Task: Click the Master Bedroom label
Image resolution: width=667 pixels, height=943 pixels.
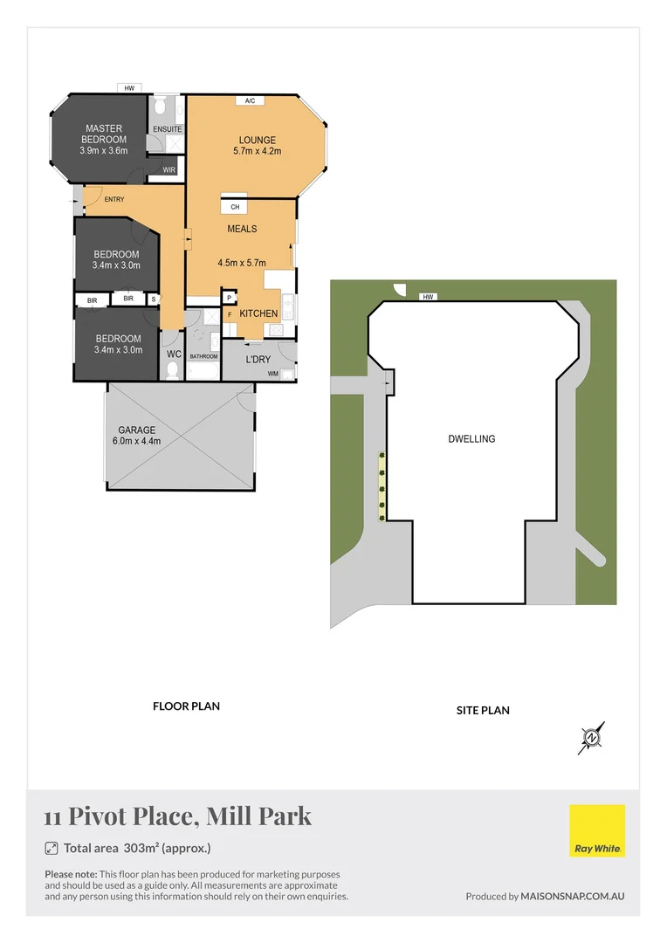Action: click(x=104, y=134)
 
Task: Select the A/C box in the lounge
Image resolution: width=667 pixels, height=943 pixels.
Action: click(x=250, y=101)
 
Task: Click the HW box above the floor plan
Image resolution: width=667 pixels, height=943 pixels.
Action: click(x=129, y=88)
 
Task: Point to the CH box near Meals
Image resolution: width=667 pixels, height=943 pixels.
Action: click(x=235, y=207)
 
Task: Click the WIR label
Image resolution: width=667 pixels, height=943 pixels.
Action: click(x=168, y=170)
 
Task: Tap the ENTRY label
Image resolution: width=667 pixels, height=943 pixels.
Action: click(x=113, y=199)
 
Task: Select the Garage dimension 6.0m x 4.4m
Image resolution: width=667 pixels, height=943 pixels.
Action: click(x=137, y=441)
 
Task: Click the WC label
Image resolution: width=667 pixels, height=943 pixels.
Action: click(x=173, y=354)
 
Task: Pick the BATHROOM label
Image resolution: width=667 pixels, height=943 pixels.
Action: click(x=203, y=356)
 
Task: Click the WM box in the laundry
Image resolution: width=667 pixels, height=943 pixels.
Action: click(x=273, y=374)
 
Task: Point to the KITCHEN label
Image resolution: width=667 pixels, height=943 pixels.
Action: click(x=258, y=313)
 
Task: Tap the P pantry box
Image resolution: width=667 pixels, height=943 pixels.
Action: click(x=230, y=297)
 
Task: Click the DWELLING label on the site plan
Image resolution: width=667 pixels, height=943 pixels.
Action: click(x=471, y=439)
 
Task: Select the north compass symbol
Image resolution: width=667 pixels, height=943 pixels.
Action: click(x=592, y=739)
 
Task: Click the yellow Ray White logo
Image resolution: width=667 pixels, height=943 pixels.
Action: click(x=597, y=830)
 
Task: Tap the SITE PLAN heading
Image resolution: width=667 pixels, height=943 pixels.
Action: click(x=483, y=710)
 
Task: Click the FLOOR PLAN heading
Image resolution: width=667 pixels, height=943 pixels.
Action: click(x=186, y=706)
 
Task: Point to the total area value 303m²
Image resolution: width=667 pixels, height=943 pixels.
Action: click(x=144, y=848)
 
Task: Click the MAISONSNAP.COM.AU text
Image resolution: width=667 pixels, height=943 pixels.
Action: click(x=573, y=896)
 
